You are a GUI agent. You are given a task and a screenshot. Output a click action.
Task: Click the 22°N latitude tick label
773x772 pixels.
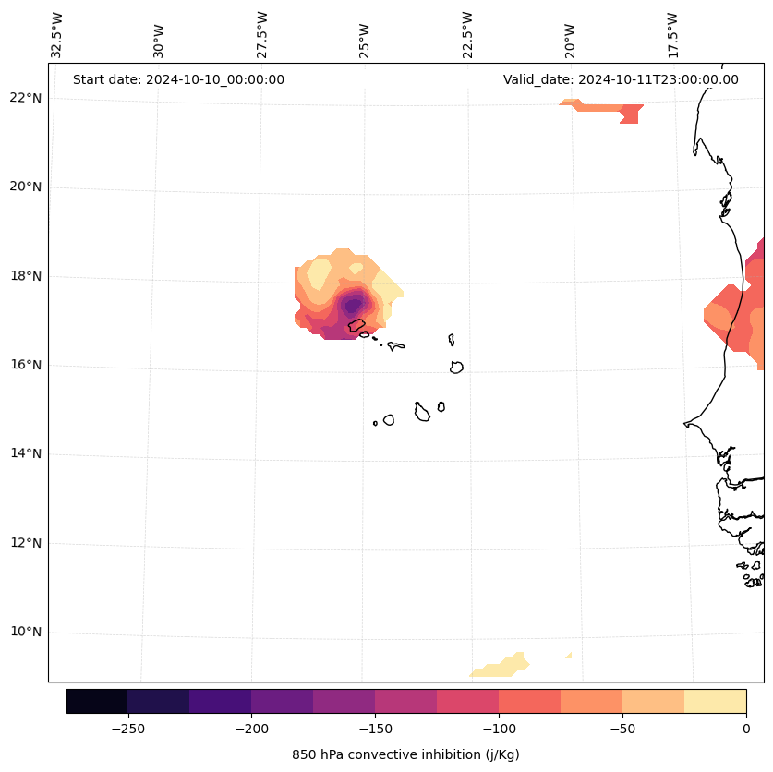tap(26, 98)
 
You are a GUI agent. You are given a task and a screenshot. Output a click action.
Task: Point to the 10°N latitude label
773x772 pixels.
tap(26, 633)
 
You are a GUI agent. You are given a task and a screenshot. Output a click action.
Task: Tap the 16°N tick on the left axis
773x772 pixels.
tap(26, 365)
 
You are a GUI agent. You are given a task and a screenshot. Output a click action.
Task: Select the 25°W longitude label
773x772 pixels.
tap(365, 34)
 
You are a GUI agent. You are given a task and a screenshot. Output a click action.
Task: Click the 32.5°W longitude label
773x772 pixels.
tap(57, 34)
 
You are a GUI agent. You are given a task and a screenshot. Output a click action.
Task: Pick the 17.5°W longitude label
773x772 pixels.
tap(672, 34)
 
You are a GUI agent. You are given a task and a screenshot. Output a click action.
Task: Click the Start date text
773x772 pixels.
tap(178, 79)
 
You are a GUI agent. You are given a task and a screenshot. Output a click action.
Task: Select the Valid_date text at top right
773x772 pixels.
tap(621, 79)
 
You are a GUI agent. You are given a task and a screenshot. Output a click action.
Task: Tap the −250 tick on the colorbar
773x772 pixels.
tap(127, 729)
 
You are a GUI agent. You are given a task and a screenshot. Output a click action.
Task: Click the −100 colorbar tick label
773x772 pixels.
tap(499, 729)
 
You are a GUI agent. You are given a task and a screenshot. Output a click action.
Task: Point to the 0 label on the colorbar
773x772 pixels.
tap(746, 729)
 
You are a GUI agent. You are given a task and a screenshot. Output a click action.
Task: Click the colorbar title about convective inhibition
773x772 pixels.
tap(405, 754)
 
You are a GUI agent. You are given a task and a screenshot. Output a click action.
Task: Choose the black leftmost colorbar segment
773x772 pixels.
tap(97, 701)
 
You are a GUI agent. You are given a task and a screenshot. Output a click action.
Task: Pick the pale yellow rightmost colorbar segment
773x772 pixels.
tap(715, 701)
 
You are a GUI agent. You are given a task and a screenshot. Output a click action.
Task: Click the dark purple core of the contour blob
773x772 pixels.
tap(352, 306)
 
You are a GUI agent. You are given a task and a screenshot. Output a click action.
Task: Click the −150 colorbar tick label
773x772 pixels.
tap(375, 729)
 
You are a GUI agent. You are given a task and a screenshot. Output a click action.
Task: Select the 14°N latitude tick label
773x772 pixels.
tap(26, 453)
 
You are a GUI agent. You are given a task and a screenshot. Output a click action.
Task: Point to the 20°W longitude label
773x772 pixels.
tap(570, 34)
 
